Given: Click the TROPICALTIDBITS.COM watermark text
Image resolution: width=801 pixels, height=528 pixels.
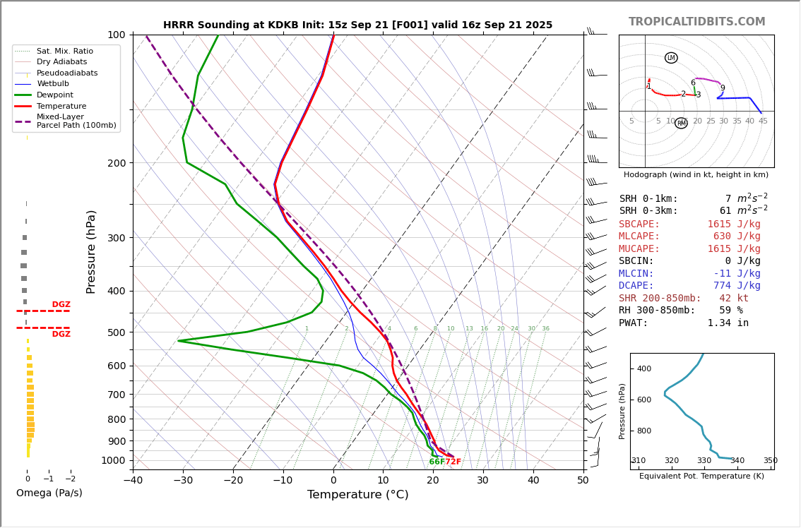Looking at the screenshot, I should tap(696, 22).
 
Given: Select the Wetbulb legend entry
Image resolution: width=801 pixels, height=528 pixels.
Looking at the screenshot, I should tap(53, 84).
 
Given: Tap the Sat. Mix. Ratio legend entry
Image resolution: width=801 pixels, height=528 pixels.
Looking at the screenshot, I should tap(64, 52).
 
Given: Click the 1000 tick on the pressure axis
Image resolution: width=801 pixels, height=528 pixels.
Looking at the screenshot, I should tap(113, 460).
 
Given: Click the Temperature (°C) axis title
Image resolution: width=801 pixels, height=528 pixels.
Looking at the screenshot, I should tap(357, 495).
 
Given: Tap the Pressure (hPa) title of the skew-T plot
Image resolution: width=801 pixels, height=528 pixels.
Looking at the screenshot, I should tap(91, 251).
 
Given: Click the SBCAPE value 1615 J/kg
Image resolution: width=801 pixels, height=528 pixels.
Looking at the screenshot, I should tap(734, 224).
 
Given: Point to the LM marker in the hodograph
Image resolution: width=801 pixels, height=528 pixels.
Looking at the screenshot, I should tap(671, 58).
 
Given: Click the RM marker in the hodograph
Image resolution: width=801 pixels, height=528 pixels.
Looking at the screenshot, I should tap(681, 124).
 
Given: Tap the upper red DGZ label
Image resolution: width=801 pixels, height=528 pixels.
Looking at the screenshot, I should tap(61, 305).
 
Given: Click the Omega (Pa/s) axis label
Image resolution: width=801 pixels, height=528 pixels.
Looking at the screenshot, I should tap(49, 493).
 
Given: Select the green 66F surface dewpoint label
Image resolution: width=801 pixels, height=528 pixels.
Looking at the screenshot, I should tap(437, 462).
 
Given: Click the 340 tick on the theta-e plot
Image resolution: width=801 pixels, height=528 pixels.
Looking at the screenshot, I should tap(737, 461).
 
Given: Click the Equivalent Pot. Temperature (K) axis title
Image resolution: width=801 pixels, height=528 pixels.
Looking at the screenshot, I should tap(701, 476).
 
